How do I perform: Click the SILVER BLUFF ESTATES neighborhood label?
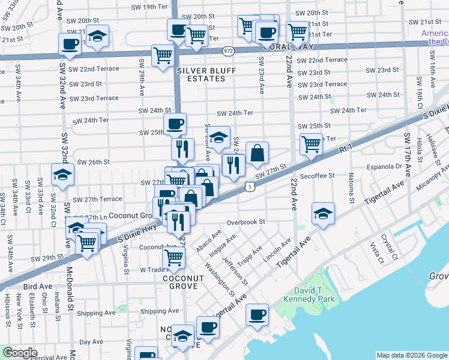tap(206, 75)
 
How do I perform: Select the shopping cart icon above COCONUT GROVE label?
tap(174, 257)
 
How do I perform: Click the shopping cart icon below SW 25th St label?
tap(311, 143)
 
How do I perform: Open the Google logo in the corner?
tap(19, 353)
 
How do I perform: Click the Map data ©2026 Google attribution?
tap(411, 355)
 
